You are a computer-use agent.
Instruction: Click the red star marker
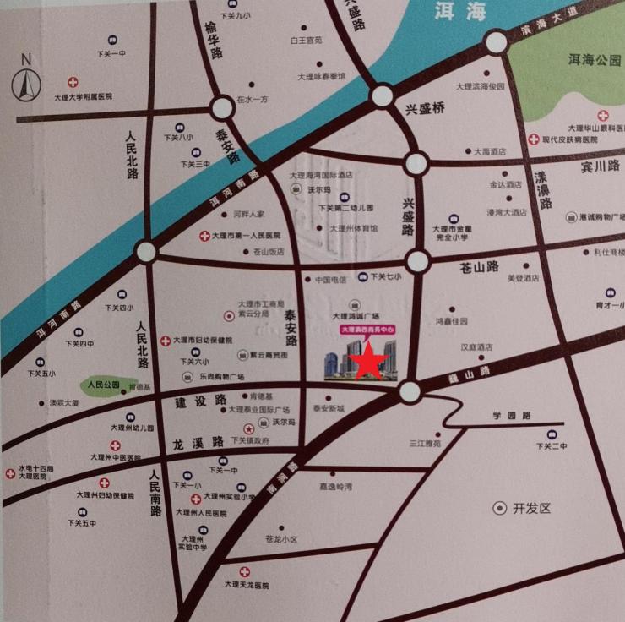tap(369, 361)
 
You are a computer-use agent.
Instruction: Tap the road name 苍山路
tap(480, 267)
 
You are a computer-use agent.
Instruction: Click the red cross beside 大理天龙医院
tap(245, 571)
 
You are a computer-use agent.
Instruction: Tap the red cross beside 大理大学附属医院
tap(73, 82)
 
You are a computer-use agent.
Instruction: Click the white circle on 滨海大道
tap(497, 41)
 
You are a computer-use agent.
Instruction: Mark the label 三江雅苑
tap(425, 442)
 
